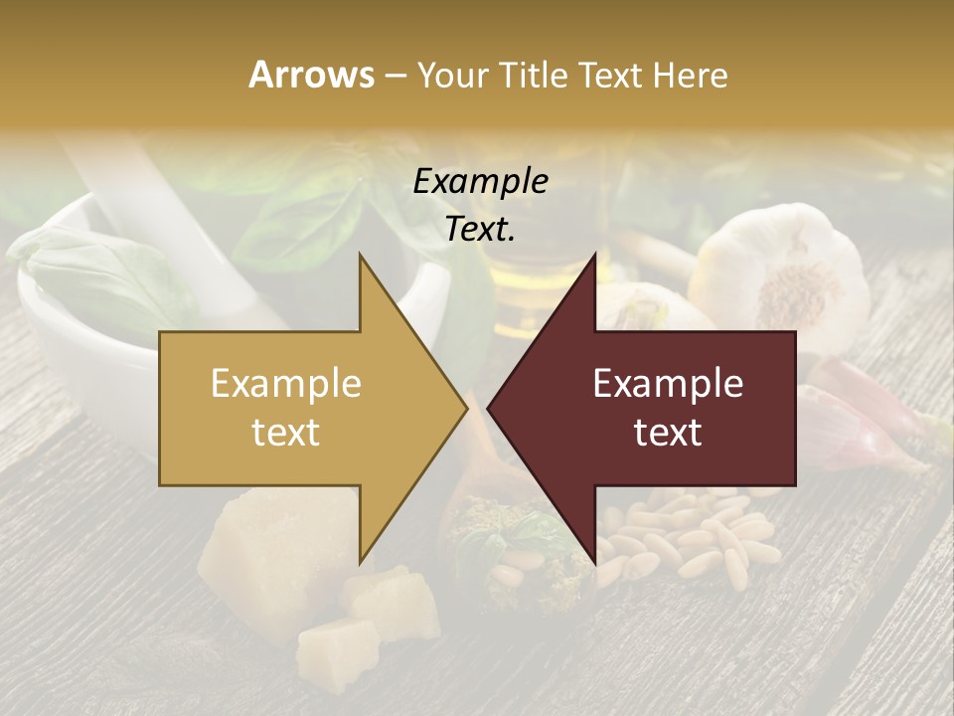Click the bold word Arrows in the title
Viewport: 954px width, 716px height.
point(312,75)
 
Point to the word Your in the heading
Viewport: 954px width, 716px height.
point(451,76)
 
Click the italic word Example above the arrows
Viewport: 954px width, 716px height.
point(480,181)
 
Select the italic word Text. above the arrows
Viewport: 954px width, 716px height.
point(480,229)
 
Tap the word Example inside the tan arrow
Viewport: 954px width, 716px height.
point(286,383)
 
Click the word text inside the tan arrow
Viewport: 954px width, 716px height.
point(286,433)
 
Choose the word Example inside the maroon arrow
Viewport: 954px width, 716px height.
point(668,383)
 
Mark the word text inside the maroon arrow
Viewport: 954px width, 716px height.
point(668,433)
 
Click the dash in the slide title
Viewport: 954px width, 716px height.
point(395,76)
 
